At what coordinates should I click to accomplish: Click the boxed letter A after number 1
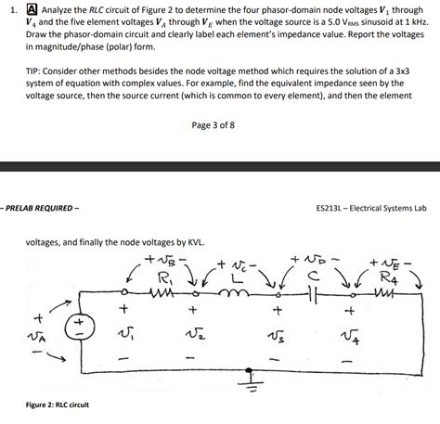(31, 10)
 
